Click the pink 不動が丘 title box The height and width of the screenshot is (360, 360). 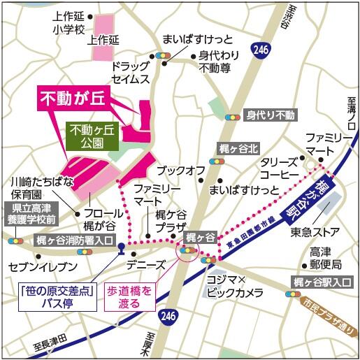click(x=71, y=99)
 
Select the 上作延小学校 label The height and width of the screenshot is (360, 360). click(x=68, y=24)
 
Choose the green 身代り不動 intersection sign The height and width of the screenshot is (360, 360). click(x=271, y=115)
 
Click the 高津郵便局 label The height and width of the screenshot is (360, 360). click(x=326, y=258)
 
